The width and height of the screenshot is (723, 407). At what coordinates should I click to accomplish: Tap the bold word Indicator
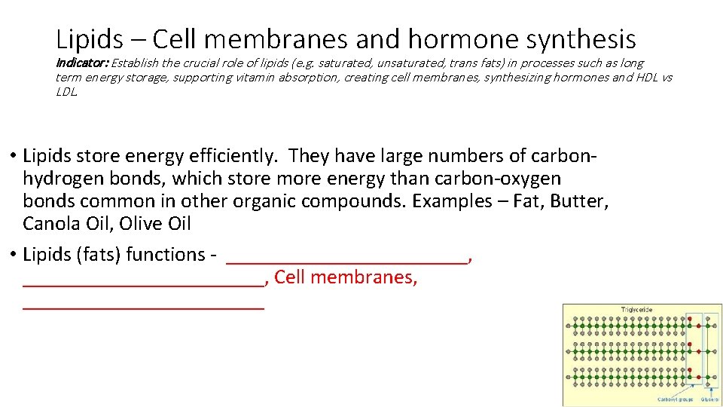tap(81, 63)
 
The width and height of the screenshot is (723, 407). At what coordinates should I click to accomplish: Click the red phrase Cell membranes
tap(346, 277)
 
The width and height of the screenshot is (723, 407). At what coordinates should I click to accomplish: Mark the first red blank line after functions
tap(347, 260)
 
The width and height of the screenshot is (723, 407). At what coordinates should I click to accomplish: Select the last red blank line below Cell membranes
tap(144, 305)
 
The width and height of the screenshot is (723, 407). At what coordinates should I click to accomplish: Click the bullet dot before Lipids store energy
tap(14, 157)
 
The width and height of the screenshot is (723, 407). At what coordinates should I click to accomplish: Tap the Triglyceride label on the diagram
tap(636, 309)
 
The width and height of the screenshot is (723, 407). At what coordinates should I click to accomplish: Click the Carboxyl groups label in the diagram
tap(673, 399)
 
